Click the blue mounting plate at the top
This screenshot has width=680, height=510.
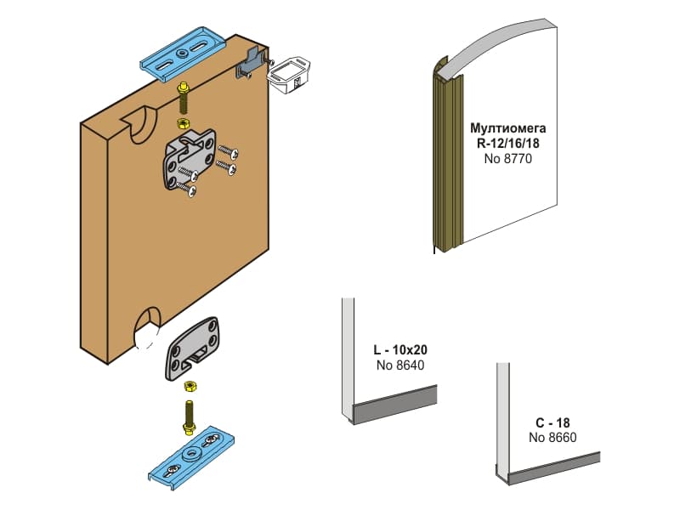coord(183,54)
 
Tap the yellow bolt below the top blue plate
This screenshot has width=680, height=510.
coord(182,98)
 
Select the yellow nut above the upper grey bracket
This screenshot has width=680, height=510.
coord(183,123)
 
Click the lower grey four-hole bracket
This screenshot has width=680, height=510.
coord(191,348)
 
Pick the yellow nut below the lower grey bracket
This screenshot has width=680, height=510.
coord(190,386)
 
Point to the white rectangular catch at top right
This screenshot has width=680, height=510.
coord(287,76)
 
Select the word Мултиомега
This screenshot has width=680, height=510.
coord(507,128)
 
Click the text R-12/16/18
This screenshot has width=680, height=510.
coord(507,143)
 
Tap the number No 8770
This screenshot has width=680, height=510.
coord(507,158)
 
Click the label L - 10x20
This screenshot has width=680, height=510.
coord(400,349)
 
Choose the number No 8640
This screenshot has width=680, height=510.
coord(400,365)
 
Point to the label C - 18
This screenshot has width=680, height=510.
coord(552,422)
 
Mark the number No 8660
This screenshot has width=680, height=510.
coord(552,437)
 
